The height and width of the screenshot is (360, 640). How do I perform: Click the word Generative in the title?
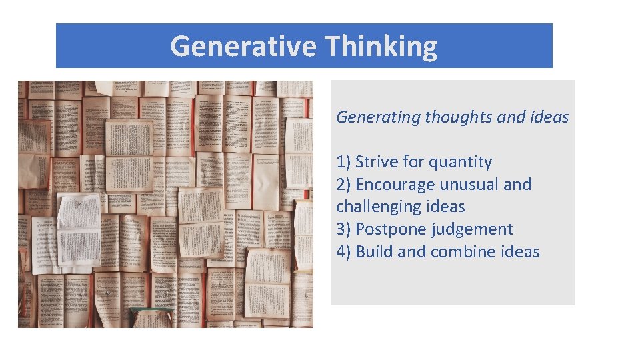click(245, 47)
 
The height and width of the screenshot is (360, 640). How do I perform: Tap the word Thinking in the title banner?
click(382, 47)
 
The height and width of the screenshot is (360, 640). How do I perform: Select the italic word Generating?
click(378, 117)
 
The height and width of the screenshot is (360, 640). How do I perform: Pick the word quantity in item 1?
click(460, 162)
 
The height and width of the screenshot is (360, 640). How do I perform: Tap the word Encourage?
click(396, 185)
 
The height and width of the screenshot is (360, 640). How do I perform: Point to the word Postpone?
click(390, 229)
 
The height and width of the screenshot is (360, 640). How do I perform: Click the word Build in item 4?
click(374, 252)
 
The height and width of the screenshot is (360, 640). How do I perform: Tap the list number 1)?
click(343, 162)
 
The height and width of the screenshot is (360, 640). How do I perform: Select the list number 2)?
click(343, 185)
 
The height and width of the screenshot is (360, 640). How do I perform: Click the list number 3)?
click(343, 229)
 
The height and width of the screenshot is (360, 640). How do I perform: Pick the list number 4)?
click(343, 252)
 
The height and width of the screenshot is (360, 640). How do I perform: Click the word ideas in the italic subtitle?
click(549, 117)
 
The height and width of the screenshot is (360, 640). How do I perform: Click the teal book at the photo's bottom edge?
click(150, 314)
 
